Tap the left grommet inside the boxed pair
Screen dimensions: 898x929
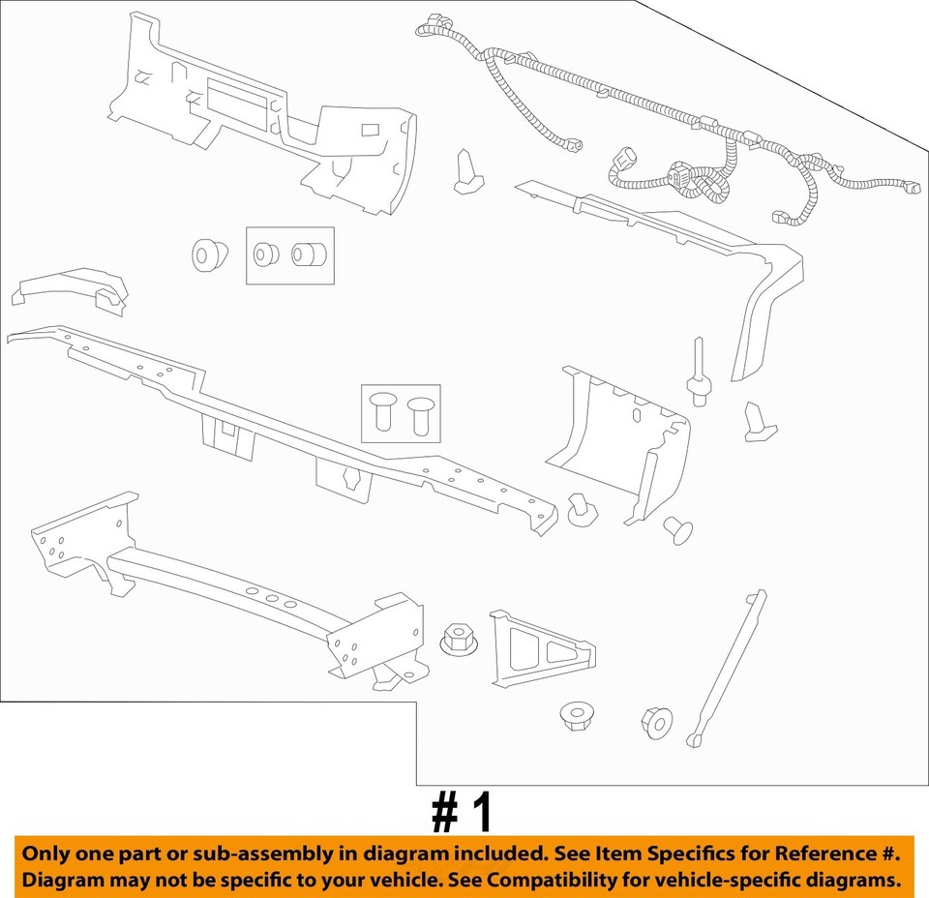click(265, 255)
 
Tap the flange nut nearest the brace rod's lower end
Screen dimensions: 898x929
click(656, 721)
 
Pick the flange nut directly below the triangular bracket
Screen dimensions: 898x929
click(577, 716)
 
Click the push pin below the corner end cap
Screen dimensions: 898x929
click(678, 528)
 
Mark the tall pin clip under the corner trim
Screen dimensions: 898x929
click(698, 373)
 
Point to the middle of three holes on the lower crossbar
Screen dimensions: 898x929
click(271, 600)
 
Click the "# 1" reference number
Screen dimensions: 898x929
click(463, 813)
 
